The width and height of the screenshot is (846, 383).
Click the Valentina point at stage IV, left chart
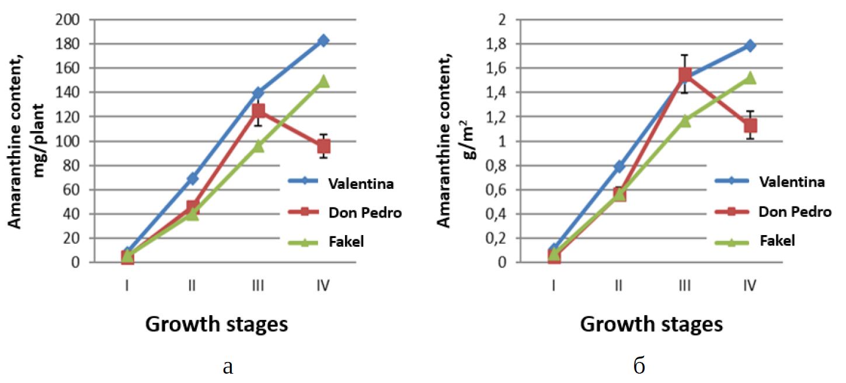click(x=323, y=40)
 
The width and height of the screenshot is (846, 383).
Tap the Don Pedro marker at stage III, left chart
click(x=258, y=111)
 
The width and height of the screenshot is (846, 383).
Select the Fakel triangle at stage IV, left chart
click(x=323, y=81)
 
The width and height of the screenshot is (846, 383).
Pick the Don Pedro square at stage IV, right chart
click(x=750, y=126)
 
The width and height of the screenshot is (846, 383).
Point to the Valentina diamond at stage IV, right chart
click(x=750, y=46)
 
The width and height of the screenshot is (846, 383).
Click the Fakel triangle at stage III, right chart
click(x=685, y=120)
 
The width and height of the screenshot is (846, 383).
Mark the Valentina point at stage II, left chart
click(x=193, y=178)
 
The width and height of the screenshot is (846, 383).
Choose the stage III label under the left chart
click(x=258, y=285)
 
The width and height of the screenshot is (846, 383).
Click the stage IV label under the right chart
click(x=750, y=285)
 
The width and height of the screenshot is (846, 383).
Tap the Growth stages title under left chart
click(x=217, y=324)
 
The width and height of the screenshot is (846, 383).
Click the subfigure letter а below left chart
click(x=228, y=367)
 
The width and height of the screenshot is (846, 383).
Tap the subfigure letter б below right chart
click(x=639, y=366)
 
